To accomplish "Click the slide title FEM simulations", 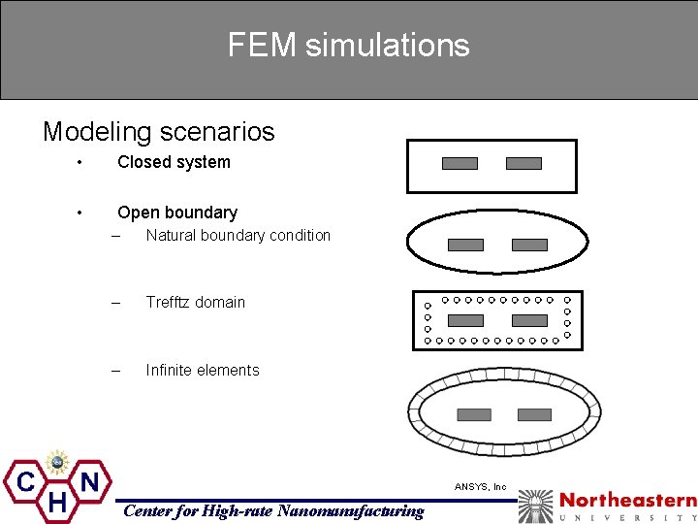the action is point(348,45).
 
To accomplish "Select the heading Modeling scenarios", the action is point(158,131).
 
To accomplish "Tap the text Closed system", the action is point(174,162).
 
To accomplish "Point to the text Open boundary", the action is point(176,212).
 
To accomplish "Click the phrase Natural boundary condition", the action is point(238,235).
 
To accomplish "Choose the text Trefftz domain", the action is point(195,302).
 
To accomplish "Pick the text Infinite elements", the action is point(203,370).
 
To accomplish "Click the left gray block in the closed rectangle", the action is point(460,163).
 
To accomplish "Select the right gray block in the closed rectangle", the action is point(523,163).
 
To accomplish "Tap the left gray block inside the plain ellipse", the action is point(465,245).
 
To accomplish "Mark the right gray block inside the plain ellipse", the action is point(529,245).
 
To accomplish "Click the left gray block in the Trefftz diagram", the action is point(465,320).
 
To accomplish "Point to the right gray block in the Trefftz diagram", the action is point(529,320).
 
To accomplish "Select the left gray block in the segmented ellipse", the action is point(474,414).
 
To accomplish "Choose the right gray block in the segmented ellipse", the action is point(534,414).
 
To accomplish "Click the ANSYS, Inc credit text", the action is point(481,486).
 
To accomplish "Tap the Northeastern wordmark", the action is point(627,501).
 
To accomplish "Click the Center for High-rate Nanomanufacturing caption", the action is point(272,510).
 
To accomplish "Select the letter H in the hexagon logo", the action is point(57,502).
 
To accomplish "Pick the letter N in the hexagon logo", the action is point(90,480).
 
